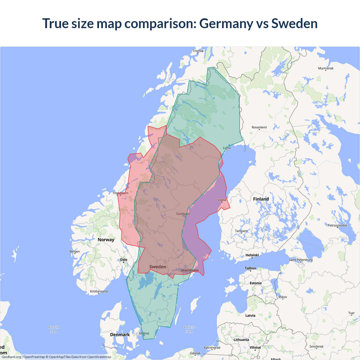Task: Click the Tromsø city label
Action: (x=198, y=51)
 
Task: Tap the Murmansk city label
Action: (x=326, y=68)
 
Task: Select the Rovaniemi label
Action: (x=259, y=127)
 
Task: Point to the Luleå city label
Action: (x=227, y=148)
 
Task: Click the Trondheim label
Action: (x=120, y=193)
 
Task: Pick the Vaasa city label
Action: (x=222, y=200)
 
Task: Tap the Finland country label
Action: (x=261, y=199)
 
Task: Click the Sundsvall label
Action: (x=183, y=214)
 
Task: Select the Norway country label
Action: (x=106, y=240)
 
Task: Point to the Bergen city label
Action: (x=75, y=252)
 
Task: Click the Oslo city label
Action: (x=123, y=260)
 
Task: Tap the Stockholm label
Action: (x=190, y=270)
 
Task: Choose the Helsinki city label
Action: (x=252, y=255)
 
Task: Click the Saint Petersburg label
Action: (x=301, y=260)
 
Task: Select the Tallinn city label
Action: (x=250, y=268)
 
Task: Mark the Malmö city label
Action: (x=144, y=334)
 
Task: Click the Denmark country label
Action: (x=120, y=335)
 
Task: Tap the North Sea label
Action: (x=53, y=329)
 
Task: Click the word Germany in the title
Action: (x=226, y=23)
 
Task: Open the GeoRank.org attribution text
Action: (x=11, y=357)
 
